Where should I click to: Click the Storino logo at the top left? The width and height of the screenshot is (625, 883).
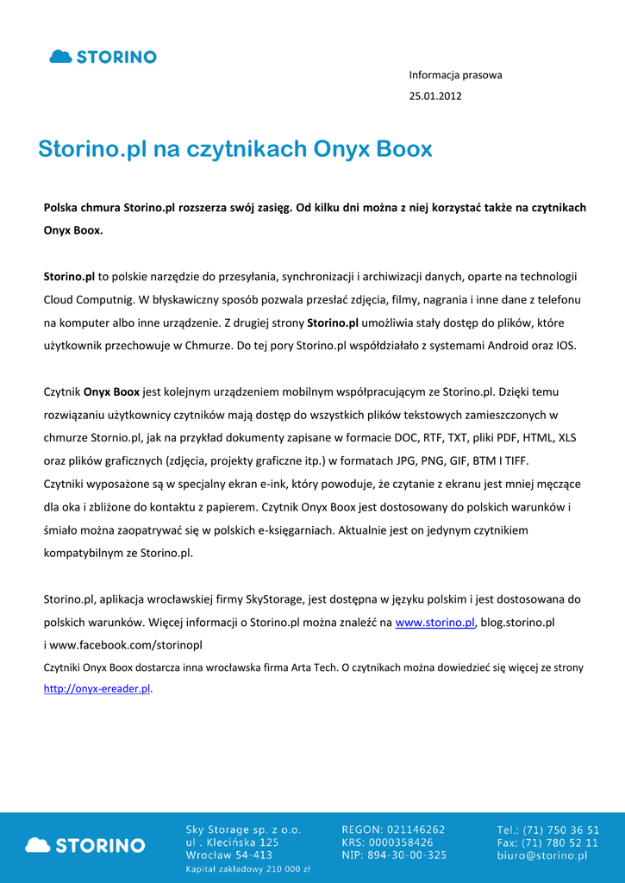click(103, 57)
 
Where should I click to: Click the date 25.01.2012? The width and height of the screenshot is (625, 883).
click(434, 96)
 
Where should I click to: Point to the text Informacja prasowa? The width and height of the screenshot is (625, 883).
click(455, 75)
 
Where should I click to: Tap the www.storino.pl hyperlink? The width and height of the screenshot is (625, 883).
click(434, 623)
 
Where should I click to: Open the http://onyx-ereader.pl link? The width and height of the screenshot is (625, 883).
click(97, 689)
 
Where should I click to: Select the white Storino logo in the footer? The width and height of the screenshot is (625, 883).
click(85, 845)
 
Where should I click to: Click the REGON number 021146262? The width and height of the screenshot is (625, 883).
click(416, 830)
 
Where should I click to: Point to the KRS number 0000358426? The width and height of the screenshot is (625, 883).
click(410, 842)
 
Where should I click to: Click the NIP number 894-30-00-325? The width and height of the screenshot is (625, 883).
click(417, 855)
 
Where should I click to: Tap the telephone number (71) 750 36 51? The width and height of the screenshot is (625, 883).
click(564, 830)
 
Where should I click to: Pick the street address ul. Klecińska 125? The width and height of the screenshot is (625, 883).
click(232, 842)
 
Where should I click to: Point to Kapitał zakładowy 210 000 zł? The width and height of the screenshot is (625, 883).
click(247, 870)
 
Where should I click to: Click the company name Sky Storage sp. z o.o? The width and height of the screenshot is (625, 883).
click(243, 830)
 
